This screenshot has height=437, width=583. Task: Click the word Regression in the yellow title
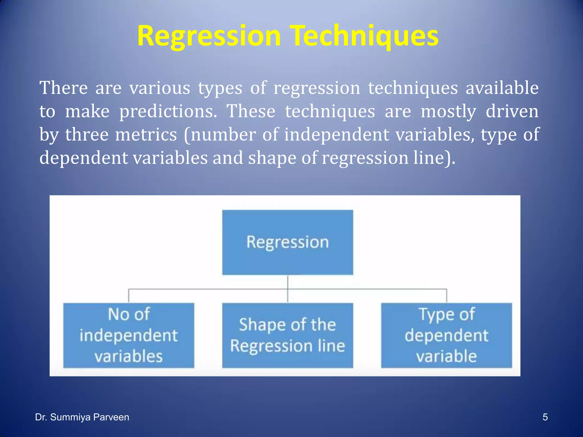[209, 36]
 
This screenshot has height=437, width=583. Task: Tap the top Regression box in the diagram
[288, 242]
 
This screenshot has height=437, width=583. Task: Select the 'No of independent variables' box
[129, 335]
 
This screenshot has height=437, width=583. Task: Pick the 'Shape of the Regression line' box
[288, 335]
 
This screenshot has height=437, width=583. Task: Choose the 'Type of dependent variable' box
[446, 335]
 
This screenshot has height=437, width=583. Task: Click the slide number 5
[545, 417]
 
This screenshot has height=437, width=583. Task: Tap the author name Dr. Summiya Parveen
[82, 417]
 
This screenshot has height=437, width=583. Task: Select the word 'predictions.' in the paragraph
[168, 111]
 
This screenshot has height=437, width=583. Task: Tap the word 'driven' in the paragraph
[512, 111]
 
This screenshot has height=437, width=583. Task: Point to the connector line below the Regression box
[288, 289]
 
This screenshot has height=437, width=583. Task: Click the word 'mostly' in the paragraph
[448, 111]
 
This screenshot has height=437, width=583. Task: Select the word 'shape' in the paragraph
[272, 158]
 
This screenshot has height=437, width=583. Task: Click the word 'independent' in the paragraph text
[337, 135]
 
